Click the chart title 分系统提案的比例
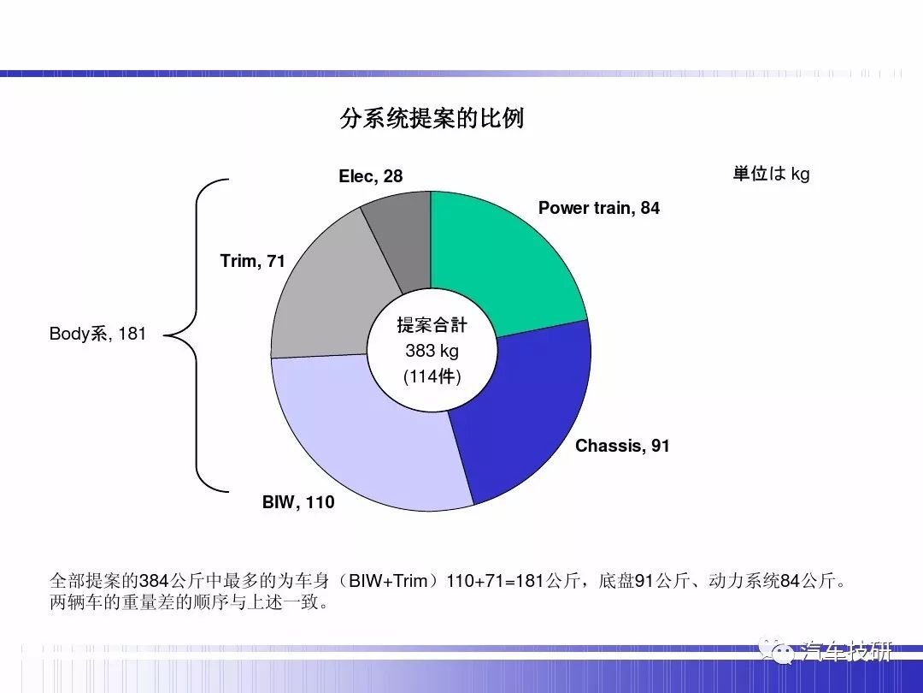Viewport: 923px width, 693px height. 432,118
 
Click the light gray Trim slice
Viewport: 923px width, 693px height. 324,294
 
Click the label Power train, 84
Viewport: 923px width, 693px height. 598,208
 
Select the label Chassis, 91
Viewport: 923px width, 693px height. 622,446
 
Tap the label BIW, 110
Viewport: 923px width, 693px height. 298,502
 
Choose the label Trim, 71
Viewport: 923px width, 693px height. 252,261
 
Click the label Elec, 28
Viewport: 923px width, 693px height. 371,176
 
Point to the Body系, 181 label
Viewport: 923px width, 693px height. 97,334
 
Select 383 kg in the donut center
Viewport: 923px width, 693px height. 432,351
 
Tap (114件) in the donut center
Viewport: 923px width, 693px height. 432,376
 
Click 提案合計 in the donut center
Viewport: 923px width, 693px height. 432,325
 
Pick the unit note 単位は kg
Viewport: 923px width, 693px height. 771,174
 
